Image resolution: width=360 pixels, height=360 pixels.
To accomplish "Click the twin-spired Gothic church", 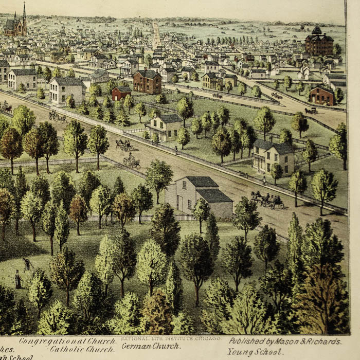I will tap(16, 25).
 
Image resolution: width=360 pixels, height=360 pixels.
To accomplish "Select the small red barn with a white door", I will tap(121, 93).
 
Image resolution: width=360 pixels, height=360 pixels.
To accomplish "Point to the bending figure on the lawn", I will tap(27, 264).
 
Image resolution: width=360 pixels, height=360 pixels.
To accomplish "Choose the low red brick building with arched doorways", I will tap(322, 95).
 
